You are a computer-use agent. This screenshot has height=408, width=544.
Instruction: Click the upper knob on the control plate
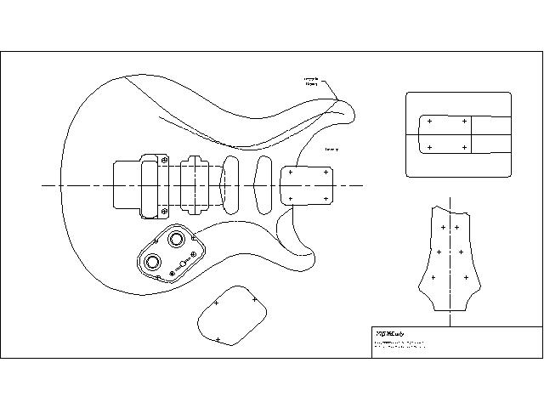pos(178,239)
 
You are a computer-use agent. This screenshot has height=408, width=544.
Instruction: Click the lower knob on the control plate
pos(155,262)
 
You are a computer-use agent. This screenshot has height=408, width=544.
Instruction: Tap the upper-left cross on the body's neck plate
pos(291,172)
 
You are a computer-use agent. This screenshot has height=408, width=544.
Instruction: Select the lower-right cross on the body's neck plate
pos(326,199)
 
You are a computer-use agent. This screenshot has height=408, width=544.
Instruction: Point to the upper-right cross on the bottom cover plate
pos(254,299)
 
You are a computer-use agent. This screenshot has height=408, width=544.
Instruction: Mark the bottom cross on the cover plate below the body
pos(218,340)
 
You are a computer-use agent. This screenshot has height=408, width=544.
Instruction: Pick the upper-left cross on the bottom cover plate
pos(217,303)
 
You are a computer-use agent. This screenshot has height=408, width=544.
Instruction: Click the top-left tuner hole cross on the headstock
pos(444,228)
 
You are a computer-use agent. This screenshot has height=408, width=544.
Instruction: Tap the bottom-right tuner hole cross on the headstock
pos(467,277)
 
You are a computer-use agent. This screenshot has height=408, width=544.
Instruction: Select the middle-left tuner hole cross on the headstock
pos(439,252)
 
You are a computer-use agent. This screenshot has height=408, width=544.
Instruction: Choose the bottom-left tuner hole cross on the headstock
pos(433,277)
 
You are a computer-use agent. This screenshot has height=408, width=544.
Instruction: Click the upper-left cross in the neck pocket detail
pos(430,121)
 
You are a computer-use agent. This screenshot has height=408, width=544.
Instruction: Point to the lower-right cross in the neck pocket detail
pos(464,148)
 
